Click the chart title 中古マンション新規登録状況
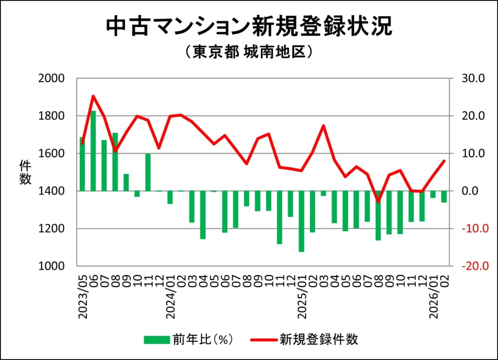tap(249, 27)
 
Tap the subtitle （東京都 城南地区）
tap(249, 52)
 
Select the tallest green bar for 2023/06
tap(93, 151)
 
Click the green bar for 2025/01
tap(302, 221)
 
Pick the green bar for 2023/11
tap(148, 172)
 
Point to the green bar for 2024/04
tap(203, 215)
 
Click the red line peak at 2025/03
tap(323, 126)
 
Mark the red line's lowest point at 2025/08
tap(378, 201)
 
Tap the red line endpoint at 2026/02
tap(444, 161)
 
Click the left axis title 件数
tap(25, 172)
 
